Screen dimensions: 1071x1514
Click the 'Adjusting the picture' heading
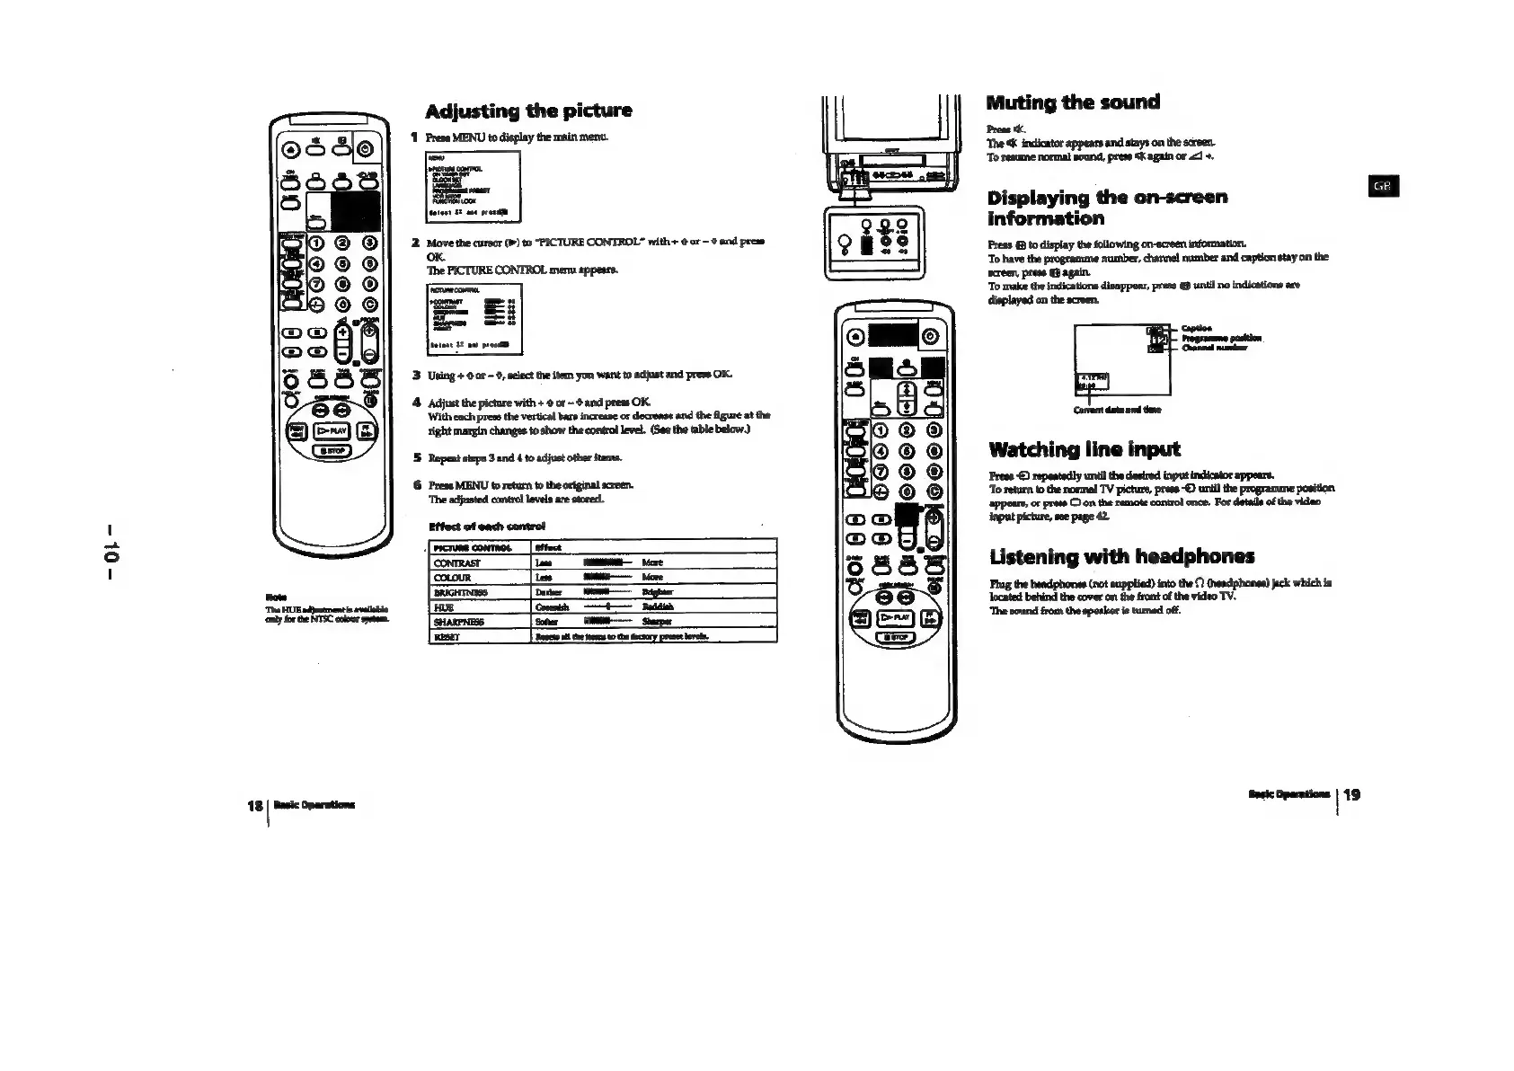pos(528,111)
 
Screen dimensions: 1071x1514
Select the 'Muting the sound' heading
pos(1073,102)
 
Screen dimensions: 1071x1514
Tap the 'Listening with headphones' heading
pos(1121,556)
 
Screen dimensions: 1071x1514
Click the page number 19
pos(1352,794)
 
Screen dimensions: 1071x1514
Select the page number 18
pos(253,805)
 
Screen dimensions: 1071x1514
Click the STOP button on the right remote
pos(895,639)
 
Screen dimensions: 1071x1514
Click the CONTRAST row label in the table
pos(457,563)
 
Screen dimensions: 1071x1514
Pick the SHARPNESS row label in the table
pos(460,622)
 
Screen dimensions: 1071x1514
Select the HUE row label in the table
pos(444,607)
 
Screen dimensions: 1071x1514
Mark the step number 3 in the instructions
pos(416,375)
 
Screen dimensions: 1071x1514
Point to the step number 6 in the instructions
pos(416,485)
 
